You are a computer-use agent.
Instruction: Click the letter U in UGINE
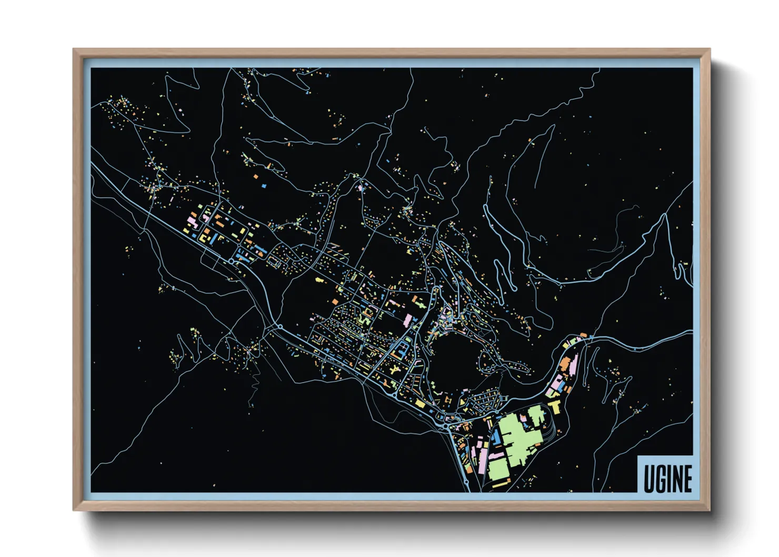click(649, 479)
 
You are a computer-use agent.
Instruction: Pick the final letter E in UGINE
click(687, 479)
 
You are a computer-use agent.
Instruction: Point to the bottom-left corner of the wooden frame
click(74, 509)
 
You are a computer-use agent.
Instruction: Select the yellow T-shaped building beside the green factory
click(555, 406)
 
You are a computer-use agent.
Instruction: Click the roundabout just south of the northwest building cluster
click(232, 261)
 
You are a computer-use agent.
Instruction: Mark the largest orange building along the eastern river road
click(565, 363)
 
